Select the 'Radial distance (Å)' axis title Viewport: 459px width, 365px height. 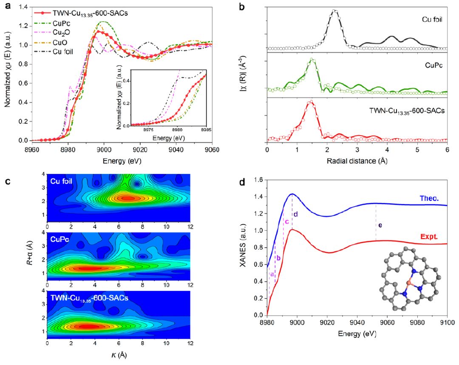click(357, 161)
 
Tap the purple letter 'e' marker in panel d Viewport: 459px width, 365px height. click(380, 225)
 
